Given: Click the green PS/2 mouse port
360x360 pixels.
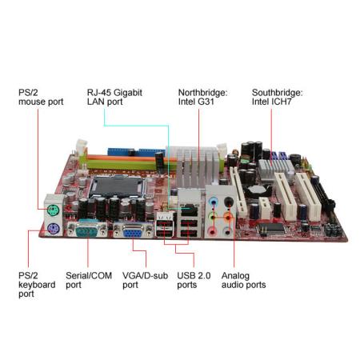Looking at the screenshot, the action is tap(53, 210).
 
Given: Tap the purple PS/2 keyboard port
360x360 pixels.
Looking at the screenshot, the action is tap(53, 229).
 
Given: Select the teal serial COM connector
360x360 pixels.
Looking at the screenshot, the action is tap(87, 230).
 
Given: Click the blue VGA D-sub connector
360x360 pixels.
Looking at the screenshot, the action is tap(133, 231).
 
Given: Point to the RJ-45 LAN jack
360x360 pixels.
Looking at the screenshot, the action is tap(189, 210).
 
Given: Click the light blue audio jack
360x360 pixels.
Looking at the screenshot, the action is tap(213, 201).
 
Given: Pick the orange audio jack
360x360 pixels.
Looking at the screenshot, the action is tap(228, 218).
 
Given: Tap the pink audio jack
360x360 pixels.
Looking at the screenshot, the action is tap(212, 231).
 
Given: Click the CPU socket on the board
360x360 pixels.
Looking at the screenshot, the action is tap(118, 186).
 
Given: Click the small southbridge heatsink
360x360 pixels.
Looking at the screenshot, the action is tap(275, 170).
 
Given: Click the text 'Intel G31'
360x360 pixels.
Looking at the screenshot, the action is tap(196, 102).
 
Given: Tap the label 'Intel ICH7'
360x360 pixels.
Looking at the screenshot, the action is tap(272, 102).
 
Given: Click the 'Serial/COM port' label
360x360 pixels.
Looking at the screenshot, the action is tap(89, 280).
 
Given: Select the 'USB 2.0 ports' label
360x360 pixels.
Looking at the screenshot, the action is tap(194, 280).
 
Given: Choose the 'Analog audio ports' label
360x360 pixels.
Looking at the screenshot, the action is tap(243, 280).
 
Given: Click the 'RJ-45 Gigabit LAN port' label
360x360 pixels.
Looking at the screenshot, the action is tap(114, 97).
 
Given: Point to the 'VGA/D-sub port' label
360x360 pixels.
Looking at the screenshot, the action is tap(145, 280).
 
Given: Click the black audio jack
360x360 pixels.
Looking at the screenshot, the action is tap(229, 202).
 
